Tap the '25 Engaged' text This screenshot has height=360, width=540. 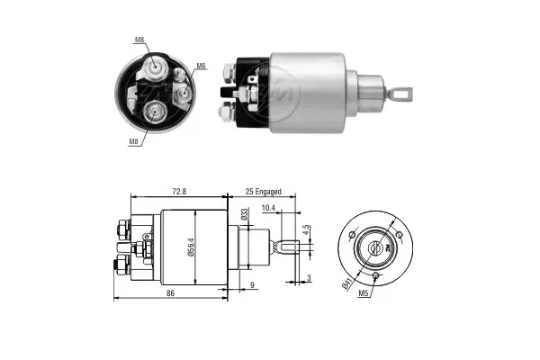click(264, 192)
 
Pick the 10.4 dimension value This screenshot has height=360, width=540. click(268, 208)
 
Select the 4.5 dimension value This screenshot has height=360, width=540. click(305, 229)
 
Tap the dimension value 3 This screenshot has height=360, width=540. click(308, 278)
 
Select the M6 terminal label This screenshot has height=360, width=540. click(201, 67)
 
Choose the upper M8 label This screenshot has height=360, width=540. click(139, 40)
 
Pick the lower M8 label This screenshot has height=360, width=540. click(132, 140)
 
